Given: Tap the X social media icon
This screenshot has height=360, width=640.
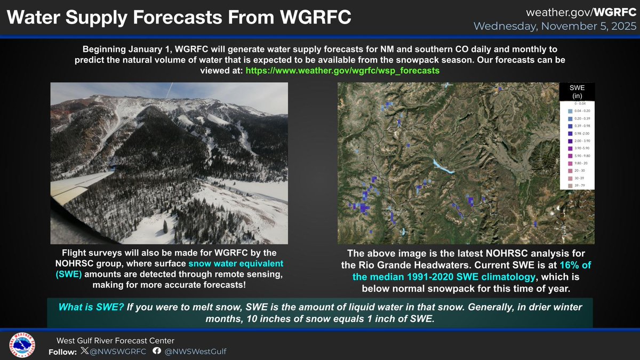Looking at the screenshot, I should click(x=85, y=351).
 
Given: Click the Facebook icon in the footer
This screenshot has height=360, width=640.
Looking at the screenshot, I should click(x=157, y=351).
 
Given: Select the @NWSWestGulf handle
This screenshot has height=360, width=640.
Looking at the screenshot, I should click(x=188, y=351).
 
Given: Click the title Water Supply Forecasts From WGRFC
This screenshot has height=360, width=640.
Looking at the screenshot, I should click(x=180, y=17).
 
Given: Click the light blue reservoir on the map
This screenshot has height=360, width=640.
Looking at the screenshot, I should click(x=442, y=167).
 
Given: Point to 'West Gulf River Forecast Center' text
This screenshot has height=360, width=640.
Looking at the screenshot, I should click(x=115, y=340).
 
